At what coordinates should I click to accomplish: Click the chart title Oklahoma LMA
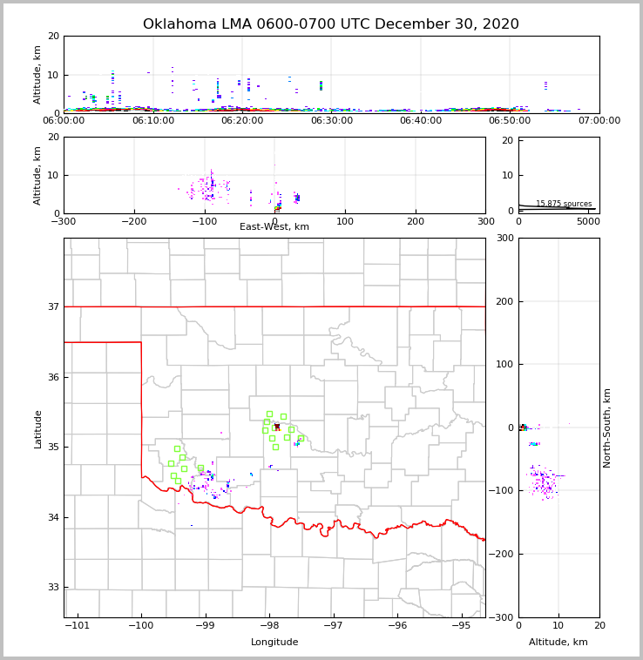coord(330,24)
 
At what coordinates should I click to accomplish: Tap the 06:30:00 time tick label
coord(331,121)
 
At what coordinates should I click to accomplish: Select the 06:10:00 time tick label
coord(153,121)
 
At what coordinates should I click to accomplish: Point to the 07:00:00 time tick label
coord(599,121)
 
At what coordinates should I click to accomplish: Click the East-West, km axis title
coord(274,227)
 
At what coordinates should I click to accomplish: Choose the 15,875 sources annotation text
coord(564,204)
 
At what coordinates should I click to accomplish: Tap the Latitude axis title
coord(37,428)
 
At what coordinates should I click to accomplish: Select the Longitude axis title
coord(274,643)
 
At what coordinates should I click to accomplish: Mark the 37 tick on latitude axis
coord(52,306)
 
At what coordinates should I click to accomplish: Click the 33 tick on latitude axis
coord(52,588)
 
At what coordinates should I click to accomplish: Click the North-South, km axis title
coord(607,428)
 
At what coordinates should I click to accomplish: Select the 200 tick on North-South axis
coord(503,301)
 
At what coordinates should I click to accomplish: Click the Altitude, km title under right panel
coord(558,643)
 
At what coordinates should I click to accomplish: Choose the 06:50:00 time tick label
coord(510,121)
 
